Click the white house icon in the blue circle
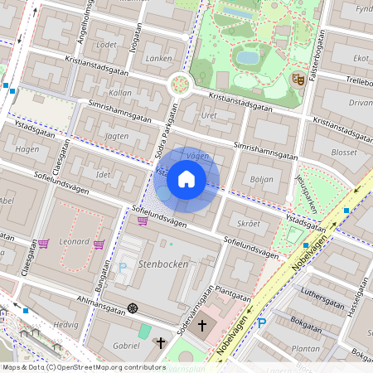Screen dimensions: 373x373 (186, 179)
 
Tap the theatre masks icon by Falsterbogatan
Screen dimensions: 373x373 (298, 80)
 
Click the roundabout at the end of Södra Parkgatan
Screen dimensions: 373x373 (179, 84)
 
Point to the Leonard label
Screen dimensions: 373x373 (75, 240)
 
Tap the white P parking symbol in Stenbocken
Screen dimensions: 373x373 (124, 268)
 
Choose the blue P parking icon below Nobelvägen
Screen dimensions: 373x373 (263, 323)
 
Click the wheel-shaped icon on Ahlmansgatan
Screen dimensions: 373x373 (132, 309)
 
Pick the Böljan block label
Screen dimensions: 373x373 (261, 178)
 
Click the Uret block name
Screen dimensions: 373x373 (209, 115)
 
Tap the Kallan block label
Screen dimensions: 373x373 (119, 94)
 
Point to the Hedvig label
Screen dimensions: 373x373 (65, 326)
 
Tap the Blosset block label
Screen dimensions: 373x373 (343, 153)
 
